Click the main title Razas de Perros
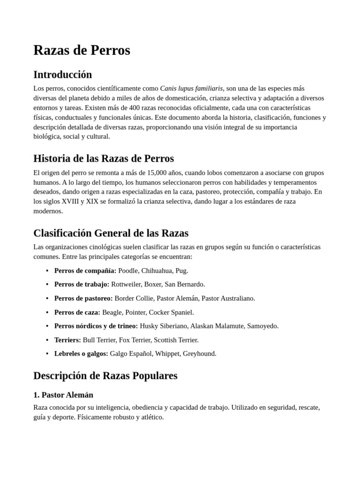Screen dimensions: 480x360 82,50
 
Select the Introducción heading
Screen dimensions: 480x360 62,75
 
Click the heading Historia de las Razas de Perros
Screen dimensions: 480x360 104,158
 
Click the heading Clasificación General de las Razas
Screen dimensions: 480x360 111,233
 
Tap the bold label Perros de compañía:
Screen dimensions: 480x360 85,270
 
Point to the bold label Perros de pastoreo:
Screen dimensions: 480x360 83,298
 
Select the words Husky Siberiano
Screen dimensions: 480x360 163,326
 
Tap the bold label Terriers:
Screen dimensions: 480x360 67,340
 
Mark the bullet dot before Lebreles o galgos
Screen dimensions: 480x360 47,354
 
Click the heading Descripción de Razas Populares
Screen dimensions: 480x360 105,375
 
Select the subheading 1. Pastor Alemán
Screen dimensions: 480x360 63,395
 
